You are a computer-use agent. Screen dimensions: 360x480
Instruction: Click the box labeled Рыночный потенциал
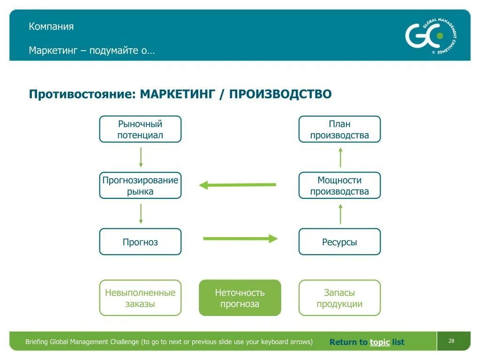pos(140,129)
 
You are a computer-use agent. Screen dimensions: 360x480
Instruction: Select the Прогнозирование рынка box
pos(140,186)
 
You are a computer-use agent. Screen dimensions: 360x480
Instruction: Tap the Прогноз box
pos(140,242)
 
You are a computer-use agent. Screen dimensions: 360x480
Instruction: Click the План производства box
pos(339,129)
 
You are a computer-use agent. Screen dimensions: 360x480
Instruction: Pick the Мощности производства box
pos(339,186)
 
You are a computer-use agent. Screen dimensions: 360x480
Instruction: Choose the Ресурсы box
pos(339,242)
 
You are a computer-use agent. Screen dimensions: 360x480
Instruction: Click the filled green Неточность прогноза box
pos(240,298)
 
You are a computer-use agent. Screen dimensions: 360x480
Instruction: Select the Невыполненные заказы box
pos(140,298)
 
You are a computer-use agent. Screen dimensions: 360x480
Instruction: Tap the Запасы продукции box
pos(339,298)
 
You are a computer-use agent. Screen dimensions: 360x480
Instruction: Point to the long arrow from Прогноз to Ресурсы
pos(240,239)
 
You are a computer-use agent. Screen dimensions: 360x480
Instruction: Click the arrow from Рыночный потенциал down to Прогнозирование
pos(141,157)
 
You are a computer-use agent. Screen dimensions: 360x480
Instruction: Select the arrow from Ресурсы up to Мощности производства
pos(340,214)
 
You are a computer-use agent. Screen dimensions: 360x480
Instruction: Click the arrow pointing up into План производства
pos(340,157)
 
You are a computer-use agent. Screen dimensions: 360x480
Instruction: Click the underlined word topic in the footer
pos(380,342)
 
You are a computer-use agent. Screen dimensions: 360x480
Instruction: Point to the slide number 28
pos(451,341)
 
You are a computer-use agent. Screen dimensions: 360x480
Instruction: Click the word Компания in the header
pos(51,26)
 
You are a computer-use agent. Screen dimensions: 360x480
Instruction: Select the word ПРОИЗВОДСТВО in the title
pos(280,94)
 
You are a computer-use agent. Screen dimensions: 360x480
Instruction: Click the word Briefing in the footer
pos(36,342)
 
